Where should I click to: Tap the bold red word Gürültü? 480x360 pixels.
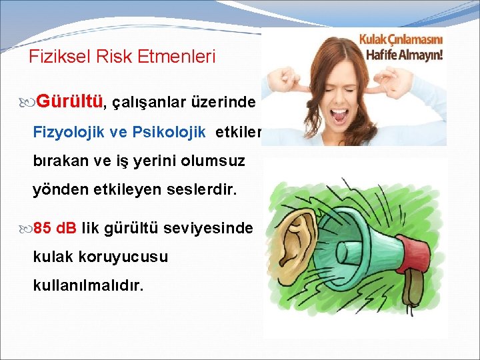click(x=70, y=102)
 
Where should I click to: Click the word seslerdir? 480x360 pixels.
click(x=205, y=190)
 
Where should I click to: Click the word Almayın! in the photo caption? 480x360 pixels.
click(x=420, y=54)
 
